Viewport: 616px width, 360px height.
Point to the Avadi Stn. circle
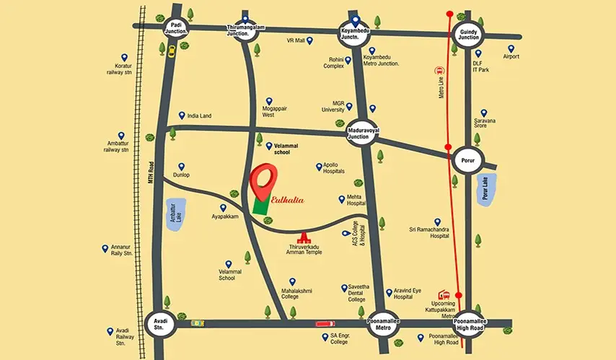pos(160,322)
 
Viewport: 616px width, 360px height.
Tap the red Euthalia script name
pos(288,199)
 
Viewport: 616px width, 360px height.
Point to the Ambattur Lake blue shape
pos(174,214)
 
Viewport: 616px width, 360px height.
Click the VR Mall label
pos(296,41)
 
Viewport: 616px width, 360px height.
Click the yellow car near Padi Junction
pos(171,51)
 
